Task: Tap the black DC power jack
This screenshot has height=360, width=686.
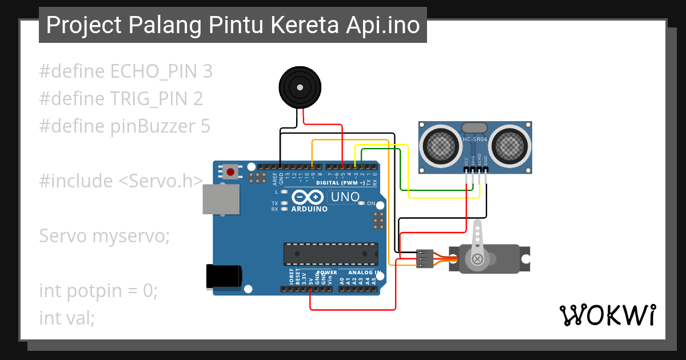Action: pos(224,276)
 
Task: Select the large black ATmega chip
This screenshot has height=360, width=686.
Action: pos(331,254)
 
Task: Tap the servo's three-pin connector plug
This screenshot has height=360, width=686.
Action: pos(424,258)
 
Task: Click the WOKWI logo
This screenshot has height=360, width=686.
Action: pos(608,315)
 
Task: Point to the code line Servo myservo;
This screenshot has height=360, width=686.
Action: pos(104,235)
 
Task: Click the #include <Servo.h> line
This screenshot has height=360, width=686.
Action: pos(121,181)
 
